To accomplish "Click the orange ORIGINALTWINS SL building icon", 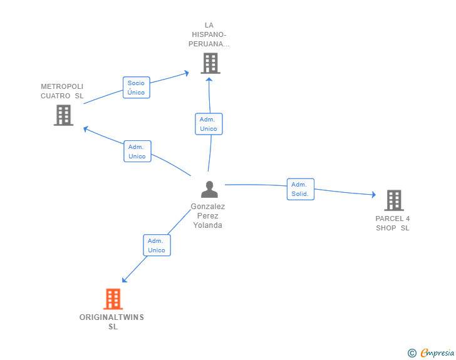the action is tap(113, 299).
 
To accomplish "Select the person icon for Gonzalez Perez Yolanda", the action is tap(209, 189).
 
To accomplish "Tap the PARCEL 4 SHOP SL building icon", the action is tap(394, 200).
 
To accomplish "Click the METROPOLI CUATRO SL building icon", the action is tap(63, 115).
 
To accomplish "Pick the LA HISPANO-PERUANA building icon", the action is tap(210, 63).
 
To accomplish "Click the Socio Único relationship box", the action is tap(137, 88).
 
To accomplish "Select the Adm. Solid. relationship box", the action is tap(301, 189).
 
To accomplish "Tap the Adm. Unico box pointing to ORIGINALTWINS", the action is tap(157, 245).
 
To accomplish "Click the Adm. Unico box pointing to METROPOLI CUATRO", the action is tap(137, 152).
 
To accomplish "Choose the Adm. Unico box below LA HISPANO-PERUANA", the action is tap(209, 124).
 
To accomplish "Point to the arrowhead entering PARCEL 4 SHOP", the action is tap(374, 195).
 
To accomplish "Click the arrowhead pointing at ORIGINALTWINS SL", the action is tap(124, 280).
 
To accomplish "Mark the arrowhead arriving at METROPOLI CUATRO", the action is tap(85, 129).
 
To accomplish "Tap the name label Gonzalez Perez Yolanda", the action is tap(208, 216).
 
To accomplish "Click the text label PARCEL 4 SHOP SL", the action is tap(393, 224).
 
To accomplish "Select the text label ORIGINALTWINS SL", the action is tap(112, 322).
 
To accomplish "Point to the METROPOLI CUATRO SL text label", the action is tap(62, 91).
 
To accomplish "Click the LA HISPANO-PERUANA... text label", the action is tap(209, 34).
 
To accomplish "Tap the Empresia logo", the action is tap(431, 352).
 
